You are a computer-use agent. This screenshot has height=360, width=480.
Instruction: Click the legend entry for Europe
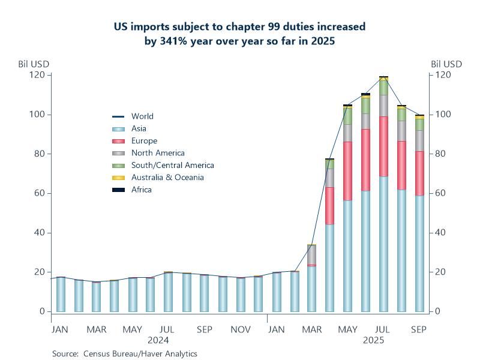pyautogui.click(x=144, y=141)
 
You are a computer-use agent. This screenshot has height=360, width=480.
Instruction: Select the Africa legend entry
pyautogui.click(x=142, y=190)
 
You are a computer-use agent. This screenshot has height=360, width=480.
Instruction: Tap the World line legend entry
pyautogui.click(x=142, y=116)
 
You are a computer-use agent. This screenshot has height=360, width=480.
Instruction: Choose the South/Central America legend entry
pyautogui.click(x=172, y=165)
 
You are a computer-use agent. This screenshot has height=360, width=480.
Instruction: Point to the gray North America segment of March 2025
pyautogui.click(x=311, y=254)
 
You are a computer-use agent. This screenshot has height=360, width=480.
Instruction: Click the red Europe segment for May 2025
pyautogui.click(x=347, y=171)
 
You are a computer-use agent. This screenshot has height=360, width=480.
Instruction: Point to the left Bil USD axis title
pyautogui.click(x=34, y=64)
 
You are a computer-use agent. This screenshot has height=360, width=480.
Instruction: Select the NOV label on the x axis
pyautogui.click(x=241, y=329)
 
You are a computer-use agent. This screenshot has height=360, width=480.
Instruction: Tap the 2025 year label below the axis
pyautogui.click(x=373, y=340)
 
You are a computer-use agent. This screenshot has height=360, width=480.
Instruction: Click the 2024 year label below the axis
pyautogui.click(x=158, y=340)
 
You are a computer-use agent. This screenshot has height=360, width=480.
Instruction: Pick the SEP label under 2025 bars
pyautogui.click(x=419, y=329)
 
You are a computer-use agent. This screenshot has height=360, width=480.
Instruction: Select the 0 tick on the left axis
pyautogui.click(x=42, y=311)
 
